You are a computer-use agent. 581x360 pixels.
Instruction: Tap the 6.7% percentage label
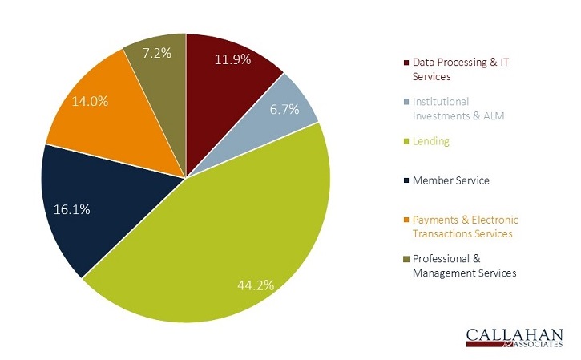284,110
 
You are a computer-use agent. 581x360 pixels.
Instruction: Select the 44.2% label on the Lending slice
256,285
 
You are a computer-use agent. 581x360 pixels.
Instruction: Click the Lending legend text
431,141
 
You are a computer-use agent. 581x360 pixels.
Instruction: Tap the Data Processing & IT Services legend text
460,70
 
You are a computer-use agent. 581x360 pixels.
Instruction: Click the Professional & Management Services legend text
464,266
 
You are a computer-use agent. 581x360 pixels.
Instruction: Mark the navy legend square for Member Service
406,181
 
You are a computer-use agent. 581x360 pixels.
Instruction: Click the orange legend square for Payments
406,220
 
